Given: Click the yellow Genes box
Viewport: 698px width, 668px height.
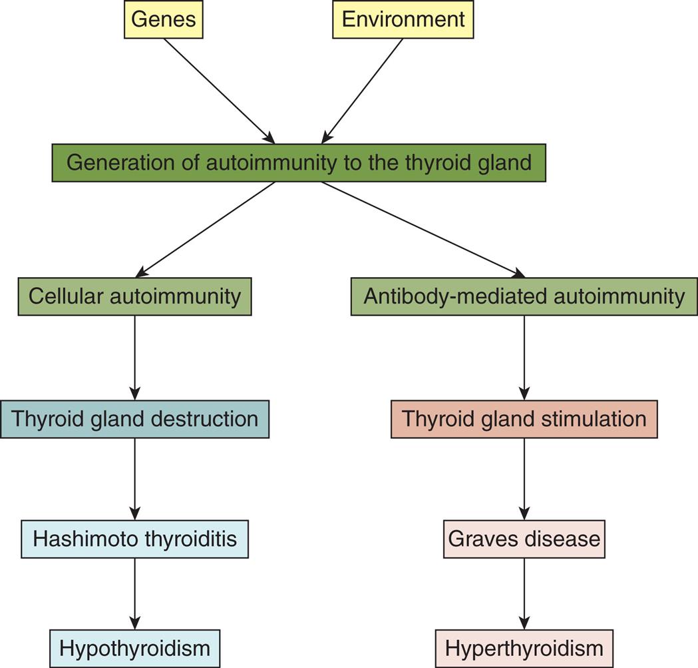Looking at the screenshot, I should tap(162, 19).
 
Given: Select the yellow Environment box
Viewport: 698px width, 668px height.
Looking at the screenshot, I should tap(403, 19).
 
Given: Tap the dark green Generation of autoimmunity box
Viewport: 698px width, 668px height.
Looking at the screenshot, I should tap(299, 163).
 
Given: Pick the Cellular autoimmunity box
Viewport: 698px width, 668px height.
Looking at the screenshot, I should tap(134, 296).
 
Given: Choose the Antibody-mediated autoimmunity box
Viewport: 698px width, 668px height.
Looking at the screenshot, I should tap(524, 296).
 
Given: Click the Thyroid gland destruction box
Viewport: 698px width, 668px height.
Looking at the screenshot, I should tap(134, 419).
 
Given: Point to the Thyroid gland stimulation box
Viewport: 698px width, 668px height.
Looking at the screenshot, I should tap(524, 419).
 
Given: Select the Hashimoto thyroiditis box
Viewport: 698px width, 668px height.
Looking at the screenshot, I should tap(134, 539).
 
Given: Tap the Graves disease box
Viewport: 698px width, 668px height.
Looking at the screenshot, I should tap(524, 539).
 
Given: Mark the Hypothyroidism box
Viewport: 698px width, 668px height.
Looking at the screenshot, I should tap(134, 648).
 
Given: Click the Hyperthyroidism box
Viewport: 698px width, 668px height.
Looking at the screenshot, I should tap(524, 648).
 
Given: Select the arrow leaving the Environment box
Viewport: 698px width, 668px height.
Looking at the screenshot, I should tap(363, 90).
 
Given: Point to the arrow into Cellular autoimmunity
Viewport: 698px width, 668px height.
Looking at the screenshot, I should tap(206, 229).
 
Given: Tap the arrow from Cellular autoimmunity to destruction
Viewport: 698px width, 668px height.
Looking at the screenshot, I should tap(135, 357).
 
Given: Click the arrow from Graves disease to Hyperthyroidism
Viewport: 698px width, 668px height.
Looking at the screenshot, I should tap(524, 593).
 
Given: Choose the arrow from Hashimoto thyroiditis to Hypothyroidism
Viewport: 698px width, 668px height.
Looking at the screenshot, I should tap(135, 593).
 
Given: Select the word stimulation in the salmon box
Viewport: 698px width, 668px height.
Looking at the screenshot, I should tap(598, 419).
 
